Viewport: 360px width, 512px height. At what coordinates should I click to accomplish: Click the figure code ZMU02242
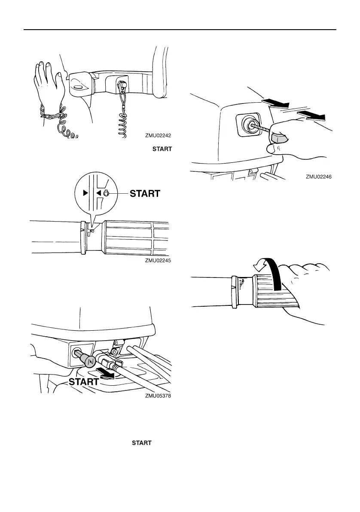point(158,135)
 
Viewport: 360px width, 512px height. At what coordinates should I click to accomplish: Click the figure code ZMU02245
point(158,260)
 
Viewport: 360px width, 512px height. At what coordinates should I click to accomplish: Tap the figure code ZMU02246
point(319,177)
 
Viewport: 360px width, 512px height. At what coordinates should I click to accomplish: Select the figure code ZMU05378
point(158,396)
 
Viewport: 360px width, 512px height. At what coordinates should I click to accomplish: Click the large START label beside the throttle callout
point(145,194)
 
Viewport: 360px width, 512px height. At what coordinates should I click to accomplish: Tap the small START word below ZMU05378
point(142,442)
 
